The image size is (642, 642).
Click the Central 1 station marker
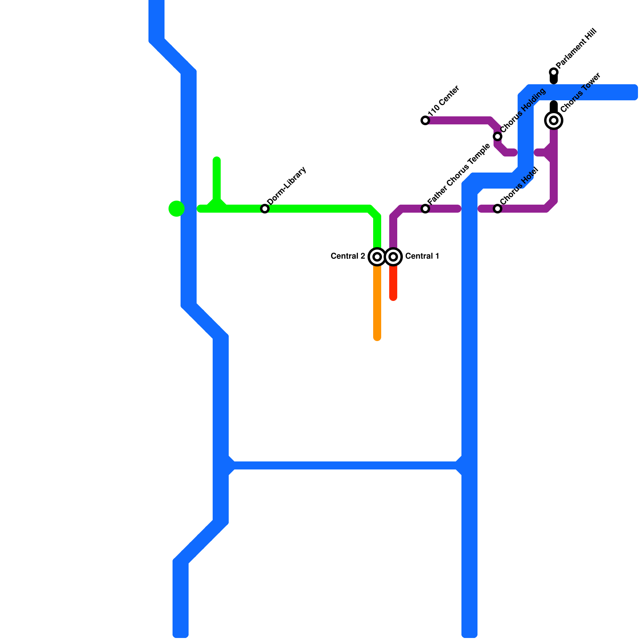[393, 256]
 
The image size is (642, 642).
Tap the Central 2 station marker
[377, 256]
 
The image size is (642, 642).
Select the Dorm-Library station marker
[265, 209]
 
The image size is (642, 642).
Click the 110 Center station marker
[425, 120]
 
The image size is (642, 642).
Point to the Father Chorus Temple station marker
[425, 209]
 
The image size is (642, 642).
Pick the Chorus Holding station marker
[498, 136]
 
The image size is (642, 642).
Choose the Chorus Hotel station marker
[498, 209]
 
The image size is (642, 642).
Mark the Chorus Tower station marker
[554, 120]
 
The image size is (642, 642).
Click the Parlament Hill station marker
[554, 72]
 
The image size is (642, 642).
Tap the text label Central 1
[422, 256]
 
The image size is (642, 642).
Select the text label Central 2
[348, 256]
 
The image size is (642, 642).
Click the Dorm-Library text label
[287, 185]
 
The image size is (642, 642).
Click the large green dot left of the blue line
[177, 208]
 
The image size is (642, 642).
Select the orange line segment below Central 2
[377, 301]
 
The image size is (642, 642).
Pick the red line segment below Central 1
[393, 283]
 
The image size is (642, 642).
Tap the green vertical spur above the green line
[217, 179]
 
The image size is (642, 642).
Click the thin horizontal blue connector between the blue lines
[345, 465]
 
